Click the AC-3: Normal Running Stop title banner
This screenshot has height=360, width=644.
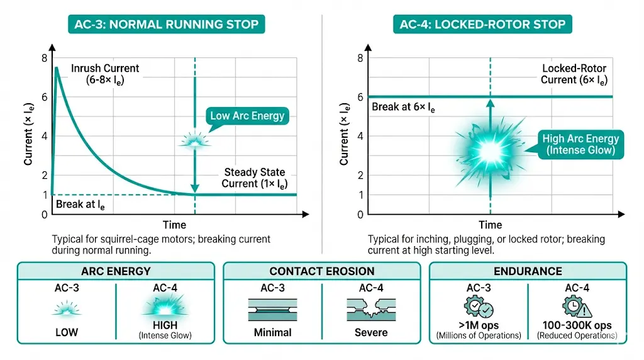click(x=166, y=25)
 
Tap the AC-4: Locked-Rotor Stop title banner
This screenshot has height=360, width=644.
click(x=482, y=25)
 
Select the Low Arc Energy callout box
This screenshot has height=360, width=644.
click(x=247, y=115)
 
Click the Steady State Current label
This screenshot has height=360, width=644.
click(x=254, y=177)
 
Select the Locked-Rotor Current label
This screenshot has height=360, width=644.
click(x=574, y=74)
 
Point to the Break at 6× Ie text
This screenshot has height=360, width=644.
click(x=403, y=107)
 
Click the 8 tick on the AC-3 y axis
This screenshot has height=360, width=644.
click(x=44, y=59)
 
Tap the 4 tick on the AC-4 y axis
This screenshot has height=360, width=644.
click(x=360, y=137)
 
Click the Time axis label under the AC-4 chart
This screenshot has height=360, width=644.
click(x=490, y=225)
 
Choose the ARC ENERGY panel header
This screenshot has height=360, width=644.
click(x=116, y=271)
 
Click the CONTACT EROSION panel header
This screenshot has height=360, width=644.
click(x=321, y=271)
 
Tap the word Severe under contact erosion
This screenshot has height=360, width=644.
click(x=370, y=332)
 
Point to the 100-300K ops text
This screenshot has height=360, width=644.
click(x=577, y=327)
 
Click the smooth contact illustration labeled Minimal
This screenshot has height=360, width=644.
click(x=273, y=307)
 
